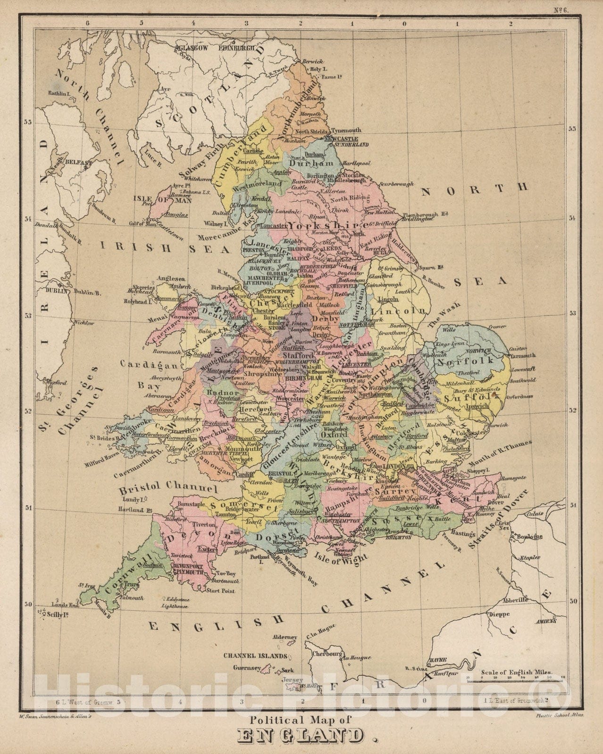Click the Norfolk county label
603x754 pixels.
(465, 362)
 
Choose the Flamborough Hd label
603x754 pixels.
(424, 214)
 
